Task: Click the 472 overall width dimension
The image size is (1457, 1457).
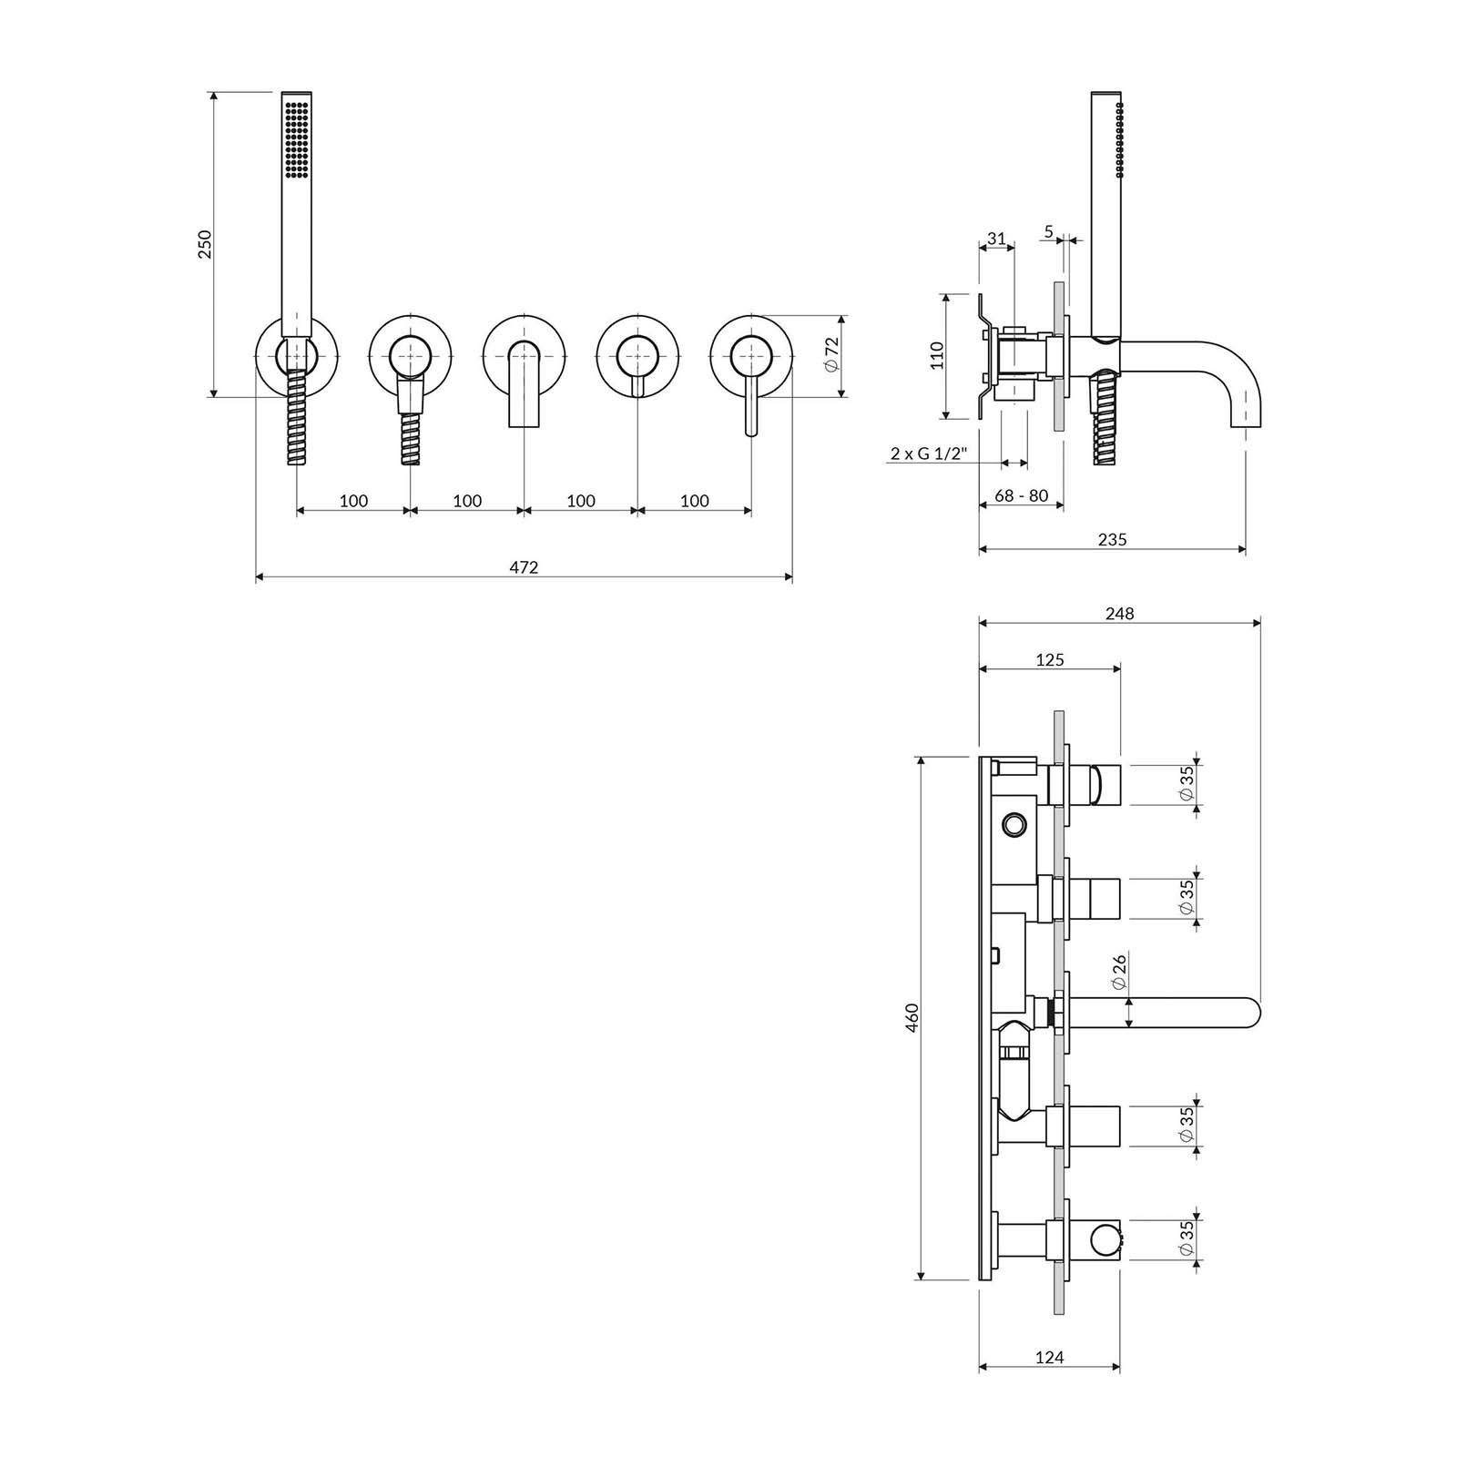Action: tap(524, 567)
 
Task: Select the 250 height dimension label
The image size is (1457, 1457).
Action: tap(205, 244)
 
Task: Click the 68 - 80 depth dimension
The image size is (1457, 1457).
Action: tap(1021, 496)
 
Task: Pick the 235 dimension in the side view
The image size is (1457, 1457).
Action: tap(1112, 539)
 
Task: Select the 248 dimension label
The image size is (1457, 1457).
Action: tap(1119, 614)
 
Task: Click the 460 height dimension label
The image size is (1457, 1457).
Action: tap(913, 1017)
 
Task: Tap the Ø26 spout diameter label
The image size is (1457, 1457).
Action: tap(1119, 972)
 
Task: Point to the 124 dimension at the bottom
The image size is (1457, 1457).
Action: tap(1049, 1383)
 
